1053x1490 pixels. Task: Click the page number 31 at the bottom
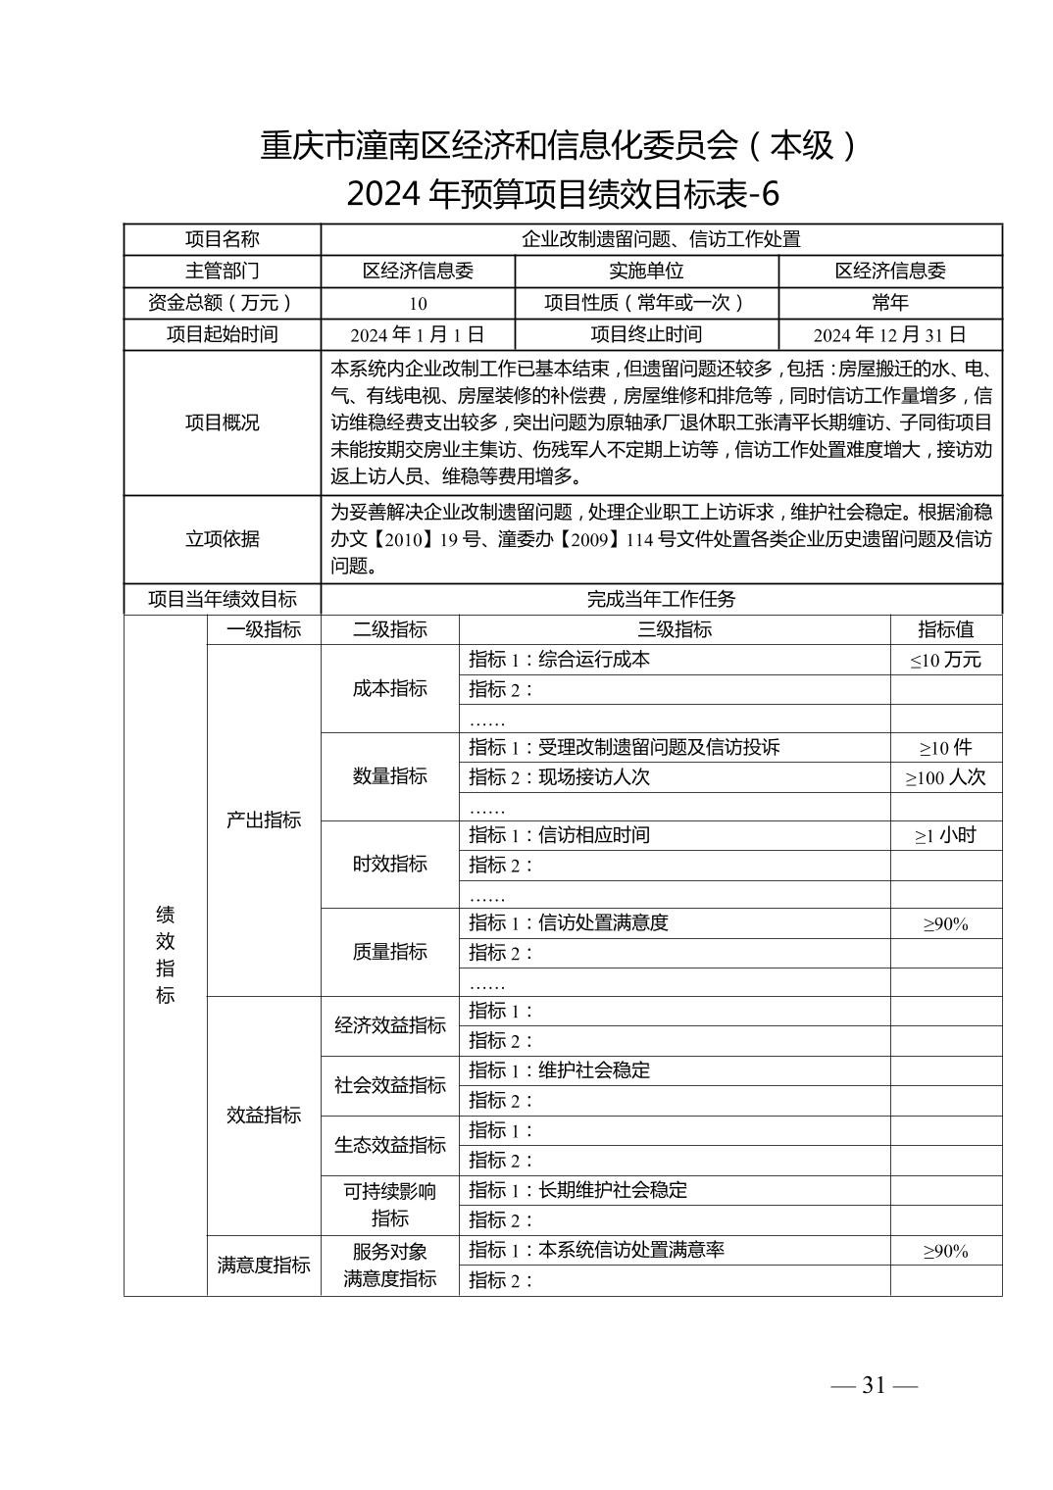coord(874,1385)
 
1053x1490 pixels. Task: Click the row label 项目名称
coord(223,239)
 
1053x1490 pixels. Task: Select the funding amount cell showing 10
coord(418,303)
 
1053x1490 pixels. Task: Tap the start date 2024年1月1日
coord(418,334)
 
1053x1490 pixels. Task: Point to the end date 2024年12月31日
coord(889,334)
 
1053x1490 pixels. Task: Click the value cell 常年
coord(889,302)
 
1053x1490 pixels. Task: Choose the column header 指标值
coord(945,629)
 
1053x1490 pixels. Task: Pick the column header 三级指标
coord(675,629)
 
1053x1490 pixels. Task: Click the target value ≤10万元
coord(945,660)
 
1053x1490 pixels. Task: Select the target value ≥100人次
coord(945,777)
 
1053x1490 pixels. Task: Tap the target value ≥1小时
coord(945,836)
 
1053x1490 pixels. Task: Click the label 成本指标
coord(390,688)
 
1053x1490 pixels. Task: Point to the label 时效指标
coord(390,864)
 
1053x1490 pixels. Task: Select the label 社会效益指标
coord(390,1085)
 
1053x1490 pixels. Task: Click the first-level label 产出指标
coord(264,819)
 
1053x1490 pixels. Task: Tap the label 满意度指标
coord(264,1265)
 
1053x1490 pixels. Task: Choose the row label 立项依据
coord(223,539)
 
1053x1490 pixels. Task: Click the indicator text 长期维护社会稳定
coord(613,1190)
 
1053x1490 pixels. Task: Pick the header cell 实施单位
coord(646,271)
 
